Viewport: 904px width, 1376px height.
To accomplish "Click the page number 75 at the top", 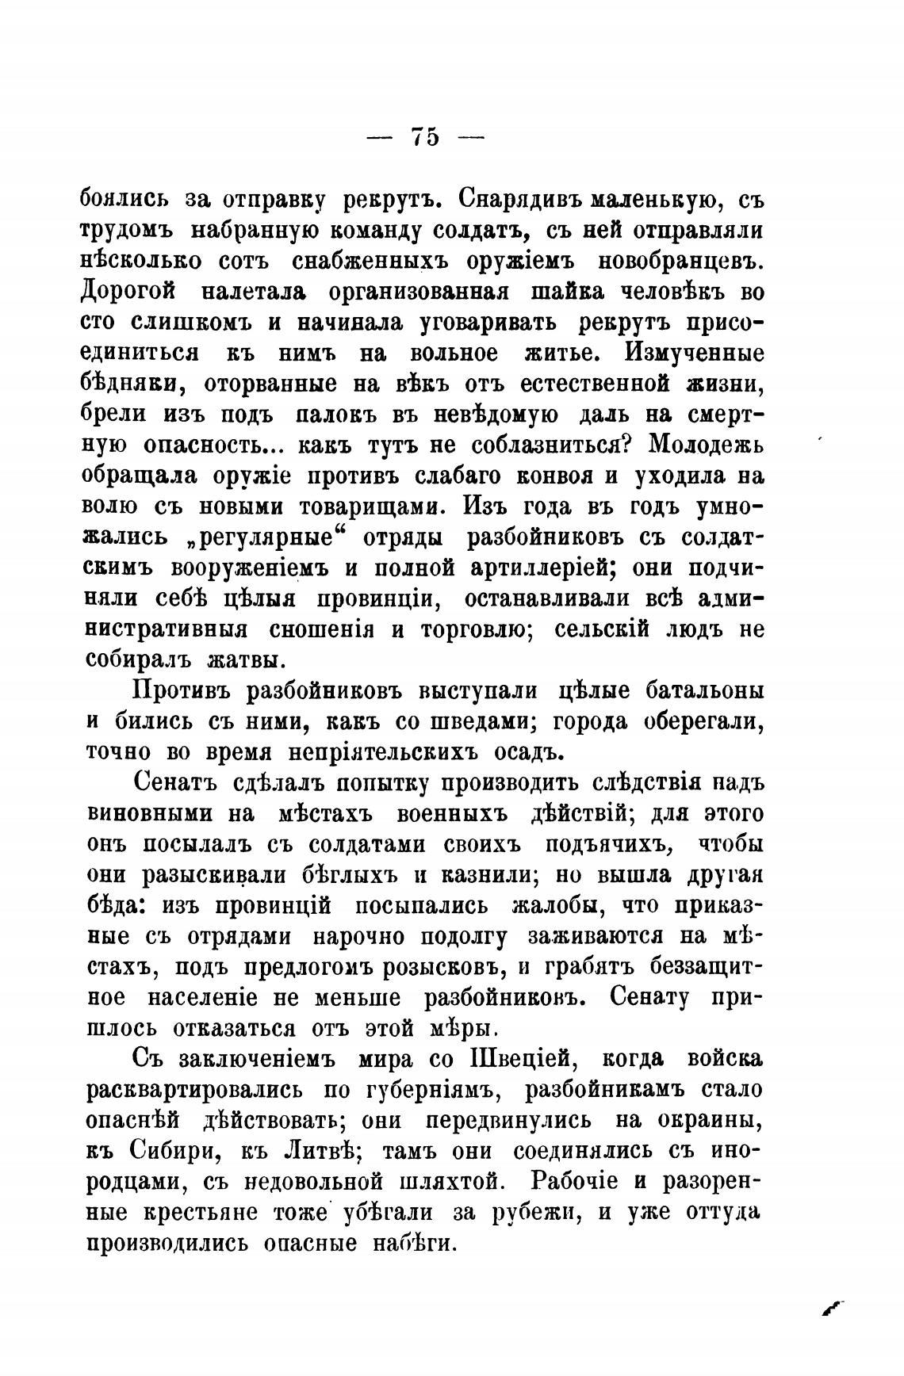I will pyautogui.click(x=424, y=136).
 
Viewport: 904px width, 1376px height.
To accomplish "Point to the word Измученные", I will pyautogui.click(x=695, y=352).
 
